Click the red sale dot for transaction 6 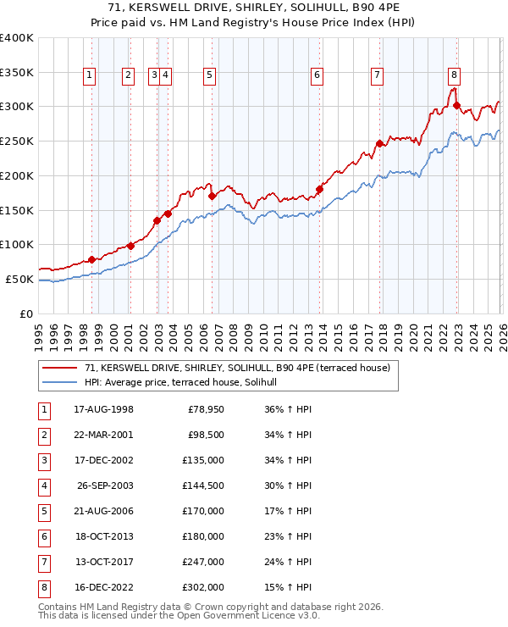coord(319,189)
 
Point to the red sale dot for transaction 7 coord(379,143)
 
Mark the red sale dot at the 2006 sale coord(212,196)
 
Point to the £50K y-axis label coord(19,279)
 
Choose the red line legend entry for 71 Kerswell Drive coord(237,369)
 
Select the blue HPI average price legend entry coord(186,383)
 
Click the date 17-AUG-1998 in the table coord(103,410)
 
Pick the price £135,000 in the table coord(203,460)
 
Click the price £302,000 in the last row coord(203,586)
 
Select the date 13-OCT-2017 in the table coord(103,561)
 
